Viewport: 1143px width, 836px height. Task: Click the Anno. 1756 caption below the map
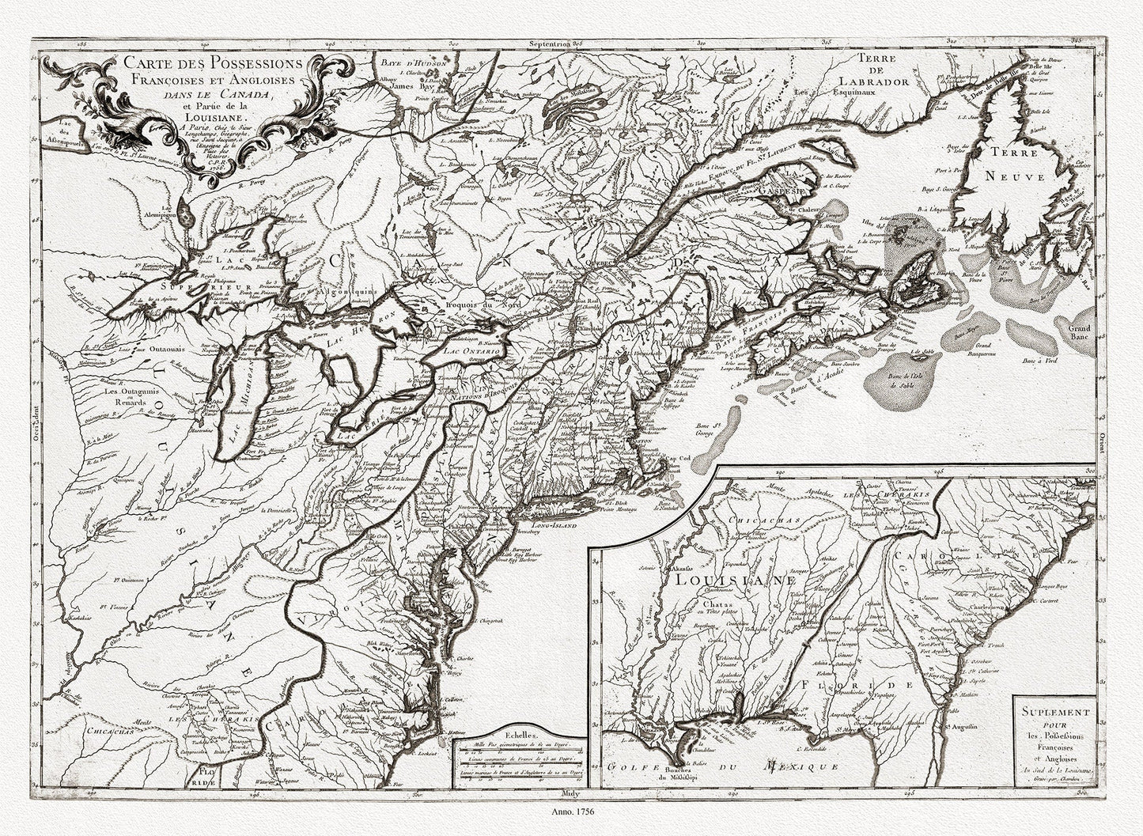click(x=571, y=811)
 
